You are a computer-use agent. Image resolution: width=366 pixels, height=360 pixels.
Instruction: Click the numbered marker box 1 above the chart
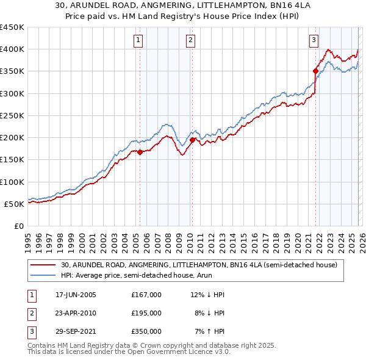tap(140, 41)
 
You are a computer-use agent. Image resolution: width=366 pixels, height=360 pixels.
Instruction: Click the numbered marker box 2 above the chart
tap(191, 41)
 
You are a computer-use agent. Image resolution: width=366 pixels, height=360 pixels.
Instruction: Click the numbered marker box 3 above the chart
tap(314, 41)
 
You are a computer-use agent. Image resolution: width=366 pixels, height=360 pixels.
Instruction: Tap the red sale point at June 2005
tap(140, 153)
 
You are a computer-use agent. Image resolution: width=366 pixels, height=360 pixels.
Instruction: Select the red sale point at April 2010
tap(192, 140)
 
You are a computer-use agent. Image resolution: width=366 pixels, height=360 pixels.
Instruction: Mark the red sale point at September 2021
tap(316, 71)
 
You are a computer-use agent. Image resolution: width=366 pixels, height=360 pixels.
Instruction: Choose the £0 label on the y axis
tap(19, 226)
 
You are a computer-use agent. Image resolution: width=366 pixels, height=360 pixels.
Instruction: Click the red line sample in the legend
tap(44, 265)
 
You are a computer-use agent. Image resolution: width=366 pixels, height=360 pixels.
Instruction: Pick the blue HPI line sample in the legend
tap(44, 275)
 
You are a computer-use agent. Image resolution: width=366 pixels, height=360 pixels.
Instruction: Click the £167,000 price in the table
tap(146, 295)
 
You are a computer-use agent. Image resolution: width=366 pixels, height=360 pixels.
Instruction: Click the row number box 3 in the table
tap(30, 331)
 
